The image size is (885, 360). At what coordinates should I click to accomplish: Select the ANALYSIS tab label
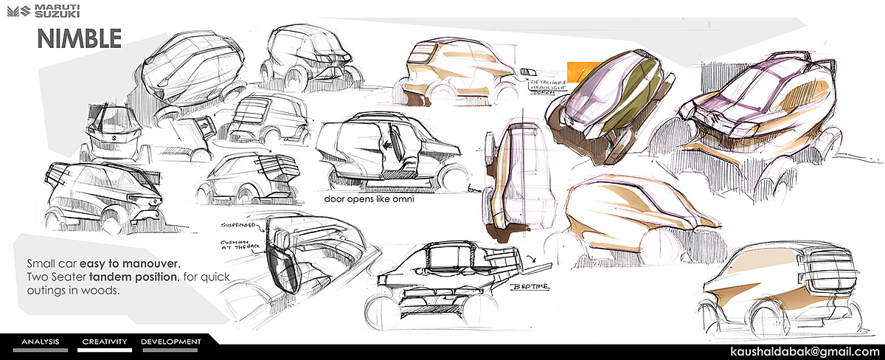40,342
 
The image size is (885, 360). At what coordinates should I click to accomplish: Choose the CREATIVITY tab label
105,342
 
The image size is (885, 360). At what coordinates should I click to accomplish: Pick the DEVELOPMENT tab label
170,342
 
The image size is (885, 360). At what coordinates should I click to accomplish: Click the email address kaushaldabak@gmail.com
805,349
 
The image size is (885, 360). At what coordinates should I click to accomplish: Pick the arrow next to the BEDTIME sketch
532,259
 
